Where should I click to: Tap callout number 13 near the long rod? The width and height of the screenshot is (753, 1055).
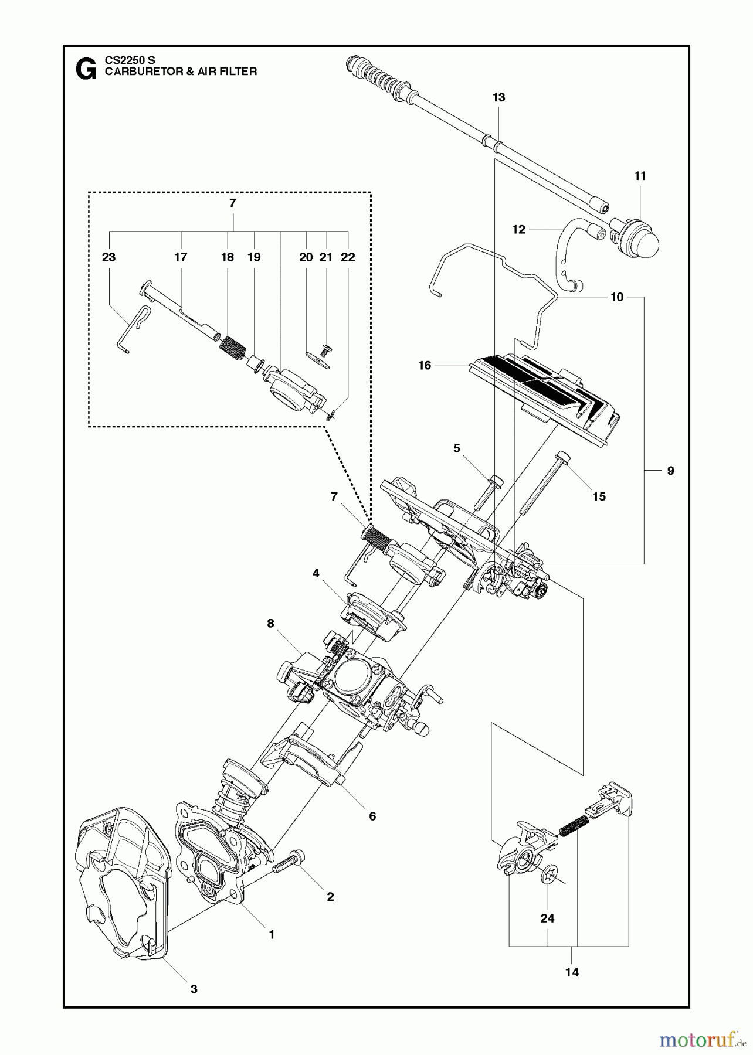pyautogui.click(x=498, y=98)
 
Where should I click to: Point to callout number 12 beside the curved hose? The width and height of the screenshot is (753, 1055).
pyautogui.click(x=518, y=230)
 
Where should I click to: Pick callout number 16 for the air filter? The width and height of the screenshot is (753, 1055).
pyautogui.click(x=425, y=366)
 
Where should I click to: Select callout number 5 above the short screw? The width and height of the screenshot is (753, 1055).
pyautogui.click(x=457, y=448)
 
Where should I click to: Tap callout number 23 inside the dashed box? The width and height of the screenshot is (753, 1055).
pyautogui.click(x=108, y=257)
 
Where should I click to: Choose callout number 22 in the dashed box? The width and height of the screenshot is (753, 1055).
pyautogui.click(x=348, y=257)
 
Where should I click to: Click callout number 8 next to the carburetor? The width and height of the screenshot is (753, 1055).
pyautogui.click(x=270, y=623)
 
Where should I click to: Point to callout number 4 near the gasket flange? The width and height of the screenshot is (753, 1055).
pyautogui.click(x=316, y=573)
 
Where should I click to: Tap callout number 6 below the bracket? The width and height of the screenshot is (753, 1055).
pyautogui.click(x=372, y=816)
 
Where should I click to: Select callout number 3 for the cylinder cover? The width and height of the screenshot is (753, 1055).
pyautogui.click(x=194, y=989)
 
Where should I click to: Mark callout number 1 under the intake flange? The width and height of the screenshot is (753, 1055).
pyautogui.click(x=272, y=935)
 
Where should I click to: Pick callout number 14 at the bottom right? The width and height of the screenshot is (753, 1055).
pyautogui.click(x=572, y=972)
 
